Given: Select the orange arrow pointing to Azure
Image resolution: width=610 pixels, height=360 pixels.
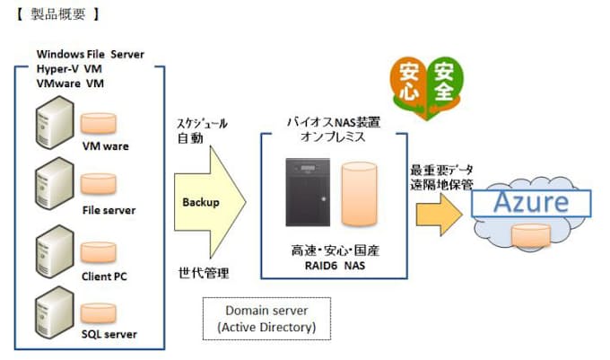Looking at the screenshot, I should pos(439,212).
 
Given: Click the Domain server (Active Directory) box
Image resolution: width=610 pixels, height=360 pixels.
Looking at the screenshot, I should pos(266,319).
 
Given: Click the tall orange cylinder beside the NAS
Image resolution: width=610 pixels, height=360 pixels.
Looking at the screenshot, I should pos(360,197).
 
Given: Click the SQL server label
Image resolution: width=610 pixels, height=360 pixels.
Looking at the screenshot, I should pos(109,334).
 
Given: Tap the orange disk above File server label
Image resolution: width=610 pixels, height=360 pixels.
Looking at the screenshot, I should pos(97,185).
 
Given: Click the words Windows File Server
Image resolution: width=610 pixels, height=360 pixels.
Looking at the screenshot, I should pos(90,54).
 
